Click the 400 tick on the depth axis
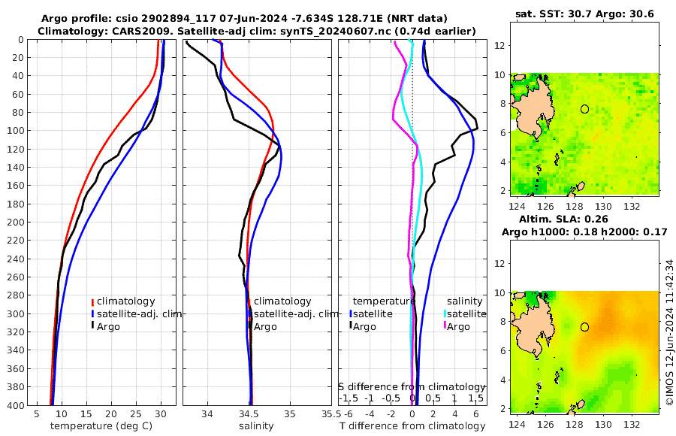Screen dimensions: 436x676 (x=15, y=404)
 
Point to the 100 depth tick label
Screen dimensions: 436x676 (x=15, y=131)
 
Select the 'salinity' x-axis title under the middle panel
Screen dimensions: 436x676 (x=255, y=426)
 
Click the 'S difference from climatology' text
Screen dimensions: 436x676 (x=412, y=386)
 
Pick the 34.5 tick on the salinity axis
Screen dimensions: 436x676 (x=250, y=413)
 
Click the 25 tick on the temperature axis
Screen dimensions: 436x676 (x=136, y=413)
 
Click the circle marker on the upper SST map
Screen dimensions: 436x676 (x=584, y=109)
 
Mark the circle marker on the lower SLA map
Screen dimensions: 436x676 (x=584, y=327)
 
